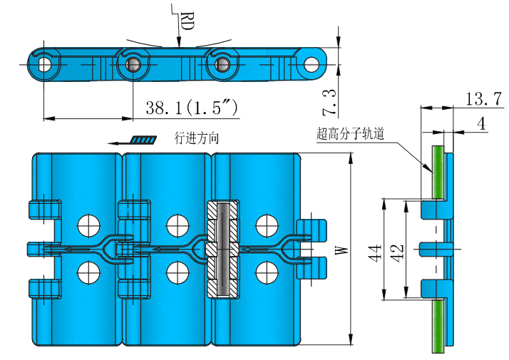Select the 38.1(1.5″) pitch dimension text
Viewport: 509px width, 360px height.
191,108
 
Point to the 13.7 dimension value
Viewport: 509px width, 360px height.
476,100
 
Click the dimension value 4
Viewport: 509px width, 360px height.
481,123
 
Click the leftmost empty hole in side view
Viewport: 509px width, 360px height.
45,64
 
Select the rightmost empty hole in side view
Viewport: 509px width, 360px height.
311,64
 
